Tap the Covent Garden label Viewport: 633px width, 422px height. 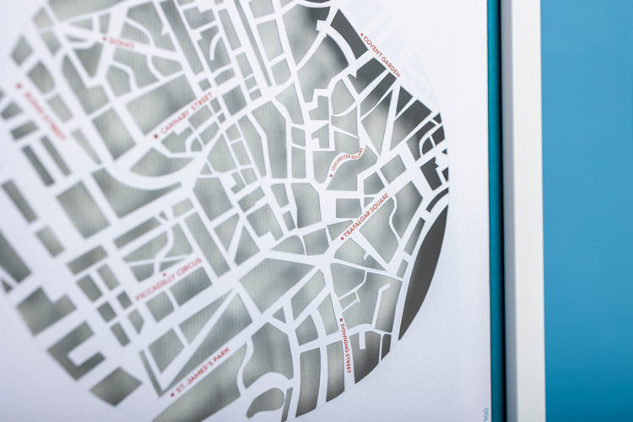382,56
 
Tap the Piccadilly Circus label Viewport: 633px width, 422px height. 168,279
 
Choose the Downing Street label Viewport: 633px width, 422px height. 345,349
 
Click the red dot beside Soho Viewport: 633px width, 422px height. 105,38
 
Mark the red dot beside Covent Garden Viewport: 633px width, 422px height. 362,35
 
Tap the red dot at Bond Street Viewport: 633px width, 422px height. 19,85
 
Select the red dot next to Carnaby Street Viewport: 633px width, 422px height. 155,135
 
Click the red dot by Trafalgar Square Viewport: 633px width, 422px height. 342,238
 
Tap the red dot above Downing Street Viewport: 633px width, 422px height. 340,321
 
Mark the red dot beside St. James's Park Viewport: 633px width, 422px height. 172,394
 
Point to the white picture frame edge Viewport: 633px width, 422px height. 518,211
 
